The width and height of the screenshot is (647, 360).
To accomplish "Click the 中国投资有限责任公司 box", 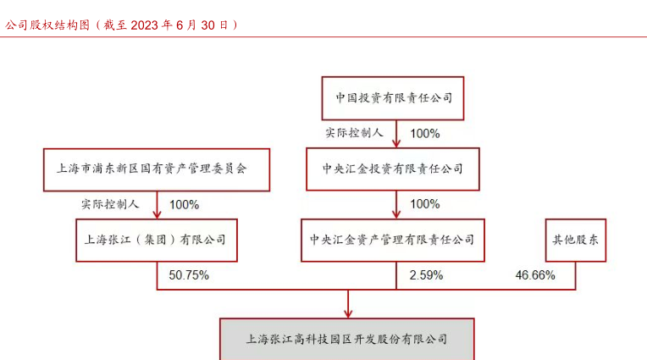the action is pyautogui.click(x=393, y=98).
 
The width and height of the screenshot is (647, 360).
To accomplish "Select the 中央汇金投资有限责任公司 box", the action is pyautogui.click(x=393, y=169).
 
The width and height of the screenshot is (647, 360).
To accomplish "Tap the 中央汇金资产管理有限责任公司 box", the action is pyautogui.click(x=393, y=240).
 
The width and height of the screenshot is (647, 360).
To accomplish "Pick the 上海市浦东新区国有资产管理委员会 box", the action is pyautogui.click(x=157, y=169).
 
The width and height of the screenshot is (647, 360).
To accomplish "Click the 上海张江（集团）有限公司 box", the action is pyautogui.click(x=157, y=240).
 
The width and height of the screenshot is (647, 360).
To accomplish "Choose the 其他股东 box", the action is pyautogui.click(x=576, y=240).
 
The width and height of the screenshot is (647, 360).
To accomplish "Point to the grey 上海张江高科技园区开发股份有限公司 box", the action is pyautogui.click(x=347, y=340).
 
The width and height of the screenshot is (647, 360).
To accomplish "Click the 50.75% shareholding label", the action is pyautogui.click(x=189, y=275).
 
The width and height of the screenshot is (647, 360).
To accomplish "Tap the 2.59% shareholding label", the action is pyautogui.click(x=426, y=275).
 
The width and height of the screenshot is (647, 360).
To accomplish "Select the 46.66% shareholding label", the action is pyautogui.click(x=535, y=275).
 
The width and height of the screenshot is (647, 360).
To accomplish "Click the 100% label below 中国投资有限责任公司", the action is pyautogui.click(x=425, y=134).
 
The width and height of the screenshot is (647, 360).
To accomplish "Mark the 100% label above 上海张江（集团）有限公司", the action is pyautogui.click(x=185, y=205).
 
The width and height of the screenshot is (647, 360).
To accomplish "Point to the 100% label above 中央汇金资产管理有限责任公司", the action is pyautogui.click(x=425, y=204).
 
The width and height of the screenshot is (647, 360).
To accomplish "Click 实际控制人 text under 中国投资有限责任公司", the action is pyautogui.click(x=355, y=133).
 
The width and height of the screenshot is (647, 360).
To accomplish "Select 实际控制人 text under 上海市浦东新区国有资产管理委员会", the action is pyautogui.click(x=110, y=204).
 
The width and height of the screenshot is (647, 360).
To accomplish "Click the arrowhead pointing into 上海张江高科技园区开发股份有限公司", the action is pyautogui.click(x=348, y=313).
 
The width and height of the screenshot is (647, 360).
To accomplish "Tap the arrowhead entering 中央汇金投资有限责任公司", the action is pyautogui.click(x=396, y=143).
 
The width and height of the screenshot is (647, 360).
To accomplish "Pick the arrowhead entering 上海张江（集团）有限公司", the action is pyautogui.click(x=157, y=213).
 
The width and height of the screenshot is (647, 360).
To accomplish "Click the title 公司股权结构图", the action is pyautogui.click(x=47, y=25).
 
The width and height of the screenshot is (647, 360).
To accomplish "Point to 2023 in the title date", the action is pyautogui.click(x=145, y=25).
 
